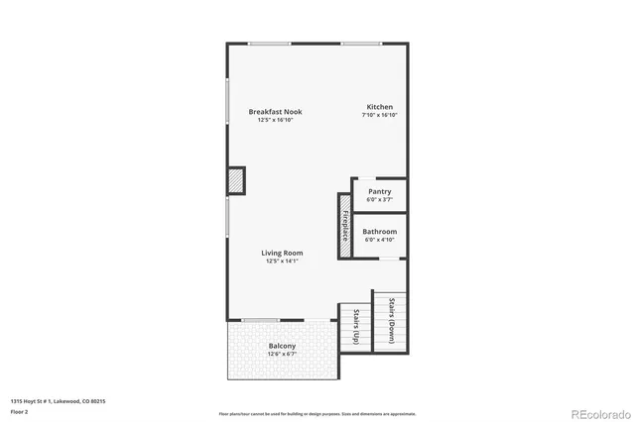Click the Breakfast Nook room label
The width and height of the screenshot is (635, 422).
[x=275, y=112]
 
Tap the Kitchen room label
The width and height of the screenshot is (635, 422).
[x=380, y=107]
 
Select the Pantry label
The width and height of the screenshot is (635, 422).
[x=379, y=191]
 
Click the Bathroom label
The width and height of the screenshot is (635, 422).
[x=379, y=232]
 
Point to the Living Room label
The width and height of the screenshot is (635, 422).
[x=281, y=253]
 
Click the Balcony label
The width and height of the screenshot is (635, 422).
[x=282, y=346]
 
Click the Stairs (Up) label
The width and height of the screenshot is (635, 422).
[x=355, y=327]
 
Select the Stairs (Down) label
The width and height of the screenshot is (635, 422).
[x=391, y=322]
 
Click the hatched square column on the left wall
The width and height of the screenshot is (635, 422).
[x=236, y=181]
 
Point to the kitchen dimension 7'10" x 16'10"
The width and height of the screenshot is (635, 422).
[x=380, y=115]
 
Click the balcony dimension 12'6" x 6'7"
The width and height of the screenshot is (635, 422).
[x=282, y=354]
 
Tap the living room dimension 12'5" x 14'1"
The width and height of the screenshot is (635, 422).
[x=281, y=261]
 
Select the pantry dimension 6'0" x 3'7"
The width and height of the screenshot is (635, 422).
[x=379, y=199]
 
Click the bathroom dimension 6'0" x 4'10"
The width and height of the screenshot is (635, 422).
[x=379, y=240]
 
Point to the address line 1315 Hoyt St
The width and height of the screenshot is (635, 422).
[x=59, y=401]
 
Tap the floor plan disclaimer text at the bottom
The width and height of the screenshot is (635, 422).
[x=317, y=412]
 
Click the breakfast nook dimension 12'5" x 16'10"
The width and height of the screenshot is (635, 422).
[x=275, y=120]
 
